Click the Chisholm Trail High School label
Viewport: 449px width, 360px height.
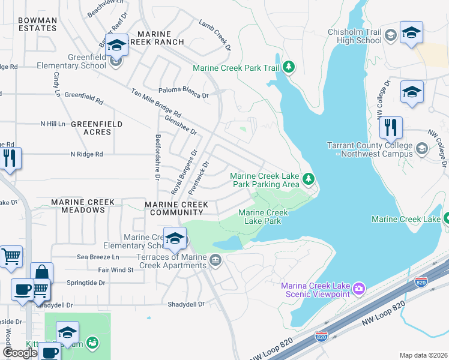coord(354,36)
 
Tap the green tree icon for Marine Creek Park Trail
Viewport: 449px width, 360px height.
coord(289,67)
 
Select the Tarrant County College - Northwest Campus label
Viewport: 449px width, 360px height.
coord(370,149)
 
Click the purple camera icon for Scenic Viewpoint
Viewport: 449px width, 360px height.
coord(358,289)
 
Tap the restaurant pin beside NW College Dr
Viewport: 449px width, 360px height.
coord(390,127)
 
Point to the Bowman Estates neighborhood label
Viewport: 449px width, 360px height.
coord(37,24)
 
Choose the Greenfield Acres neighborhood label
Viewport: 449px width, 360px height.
coord(96,128)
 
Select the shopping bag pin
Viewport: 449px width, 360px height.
coord(41,274)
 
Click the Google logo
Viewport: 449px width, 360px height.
coord(20,352)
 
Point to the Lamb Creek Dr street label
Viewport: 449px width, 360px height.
coord(215,34)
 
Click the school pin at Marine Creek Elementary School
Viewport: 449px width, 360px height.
coord(175,239)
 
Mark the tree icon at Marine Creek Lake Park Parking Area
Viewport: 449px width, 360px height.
coord(309,179)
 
